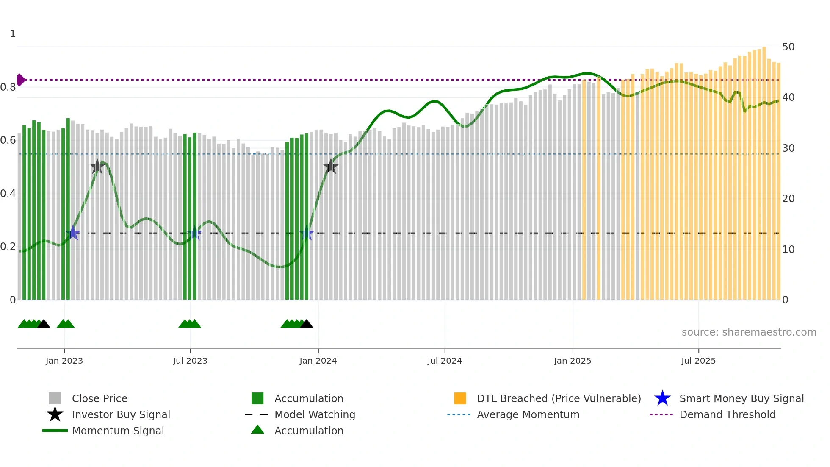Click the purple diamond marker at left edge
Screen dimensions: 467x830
[x=20, y=80]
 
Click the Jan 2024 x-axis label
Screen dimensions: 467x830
[x=318, y=361]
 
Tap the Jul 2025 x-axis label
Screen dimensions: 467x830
[x=698, y=361]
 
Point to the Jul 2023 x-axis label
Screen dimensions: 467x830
[x=190, y=361]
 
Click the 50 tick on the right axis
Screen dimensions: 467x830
[x=788, y=47]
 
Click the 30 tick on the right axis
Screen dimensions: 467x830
[x=788, y=148]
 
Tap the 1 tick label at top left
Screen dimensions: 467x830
[x=13, y=34]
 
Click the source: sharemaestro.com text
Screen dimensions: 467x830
[x=749, y=332]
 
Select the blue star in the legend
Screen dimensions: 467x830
[x=662, y=399]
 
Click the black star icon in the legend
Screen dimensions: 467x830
[x=55, y=415]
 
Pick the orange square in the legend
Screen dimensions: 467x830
[x=460, y=399]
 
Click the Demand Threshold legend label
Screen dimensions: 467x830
[x=727, y=415]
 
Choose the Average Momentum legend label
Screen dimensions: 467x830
[x=528, y=415]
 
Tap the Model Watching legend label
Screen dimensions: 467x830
[x=315, y=415]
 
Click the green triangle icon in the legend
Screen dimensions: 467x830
[x=257, y=430]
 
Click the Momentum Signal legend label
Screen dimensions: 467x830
[x=118, y=431]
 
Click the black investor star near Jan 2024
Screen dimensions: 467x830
[x=331, y=167]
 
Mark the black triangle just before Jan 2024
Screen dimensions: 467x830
[x=306, y=324]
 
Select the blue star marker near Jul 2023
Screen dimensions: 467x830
[x=194, y=233]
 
